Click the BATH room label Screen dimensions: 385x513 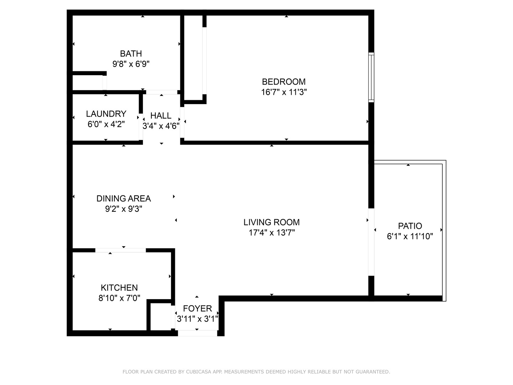tap(131, 54)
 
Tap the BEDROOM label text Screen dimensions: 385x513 tap(284, 82)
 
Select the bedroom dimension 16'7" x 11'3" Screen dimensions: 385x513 tap(284, 92)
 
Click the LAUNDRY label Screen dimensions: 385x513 tap(106, 114)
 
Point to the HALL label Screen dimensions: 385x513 tap(161, 115)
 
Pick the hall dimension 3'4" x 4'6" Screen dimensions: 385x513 tap(161, 126)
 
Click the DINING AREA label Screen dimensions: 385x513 tap(124, 199)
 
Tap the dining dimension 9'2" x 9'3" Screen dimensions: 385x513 tap(124, 209)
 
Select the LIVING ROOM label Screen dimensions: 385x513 tap(271, 222)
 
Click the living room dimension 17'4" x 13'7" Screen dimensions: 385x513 tap(271, 233)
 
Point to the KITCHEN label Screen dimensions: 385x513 tap(119, 288)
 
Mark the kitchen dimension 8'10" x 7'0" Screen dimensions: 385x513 tap(119, 298)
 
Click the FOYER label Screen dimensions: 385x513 tap(197, 308)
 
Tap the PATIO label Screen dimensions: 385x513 tap(410, 226)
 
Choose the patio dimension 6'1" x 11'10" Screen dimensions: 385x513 tap(410, 236)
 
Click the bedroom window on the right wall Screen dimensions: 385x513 tap(371, 77)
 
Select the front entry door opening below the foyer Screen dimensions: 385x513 tap(197, 333)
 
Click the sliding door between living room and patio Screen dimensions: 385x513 tap(371, 242)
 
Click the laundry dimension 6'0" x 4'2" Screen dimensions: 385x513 tap(106, 124)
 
